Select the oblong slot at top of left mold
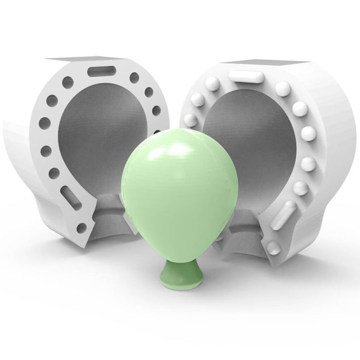(x=102, y=71)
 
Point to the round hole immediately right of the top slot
(x=134, y=78)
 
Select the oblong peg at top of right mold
(x=246, y=77)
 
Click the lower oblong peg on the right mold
(x=286, y=212)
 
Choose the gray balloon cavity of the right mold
(x=247, y=134)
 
